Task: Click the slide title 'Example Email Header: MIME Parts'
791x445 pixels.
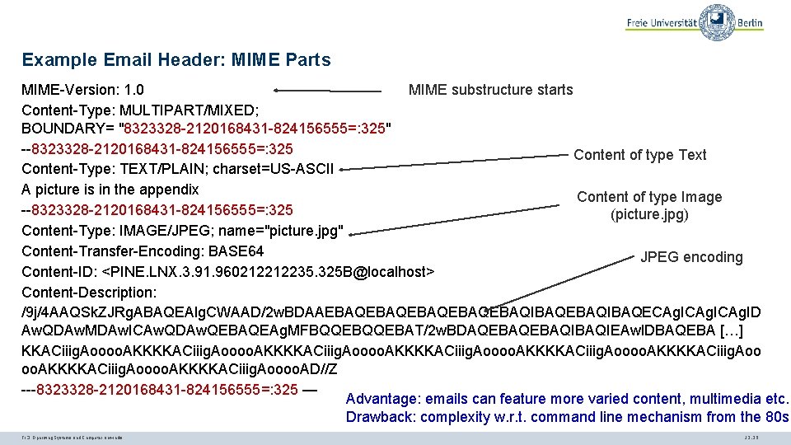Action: pos(176,60)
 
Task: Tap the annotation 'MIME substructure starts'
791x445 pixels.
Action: pos(490,89)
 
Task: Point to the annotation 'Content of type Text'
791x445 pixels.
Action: pos(639,155)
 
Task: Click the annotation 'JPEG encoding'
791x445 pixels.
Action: pos(691,257)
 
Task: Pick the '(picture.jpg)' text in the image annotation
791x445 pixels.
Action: pos(649,215)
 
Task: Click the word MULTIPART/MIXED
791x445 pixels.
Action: pos(178,110)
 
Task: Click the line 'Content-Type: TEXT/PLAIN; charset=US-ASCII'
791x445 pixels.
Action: pos(177,170)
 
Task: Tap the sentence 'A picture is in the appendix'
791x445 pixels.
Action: pos(110,190)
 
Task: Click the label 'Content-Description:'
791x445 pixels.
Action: pos(89,292)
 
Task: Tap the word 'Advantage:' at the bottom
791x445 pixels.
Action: pos(382,399)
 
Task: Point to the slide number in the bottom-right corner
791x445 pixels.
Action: pos(751,435)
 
